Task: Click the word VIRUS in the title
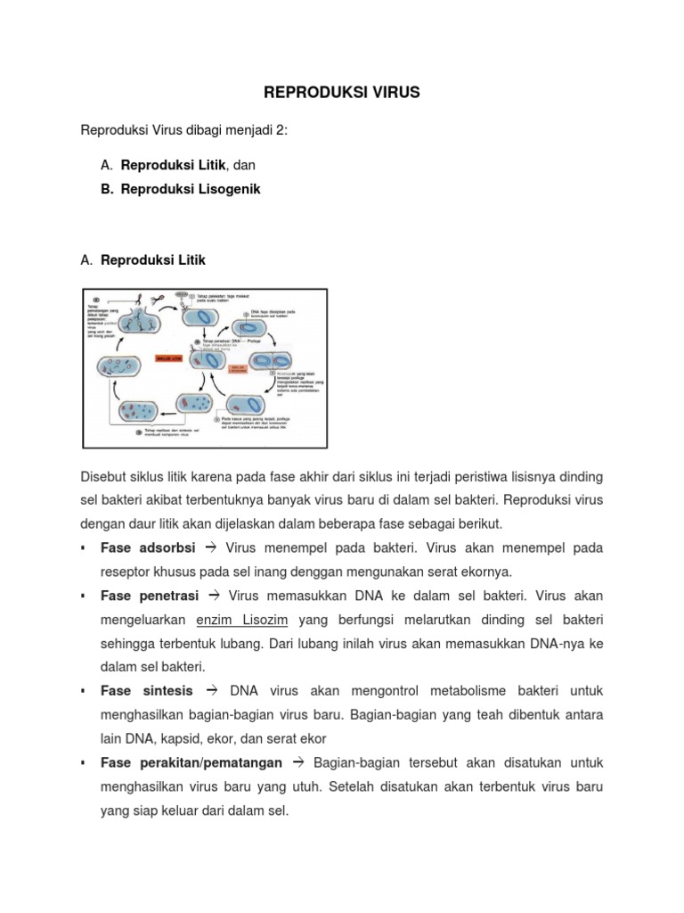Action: click(389, 93)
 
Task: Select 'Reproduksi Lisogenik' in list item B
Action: click(191, 190)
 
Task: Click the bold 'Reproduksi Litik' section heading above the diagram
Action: click(153, 260)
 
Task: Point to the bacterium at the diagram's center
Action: click(207, 359)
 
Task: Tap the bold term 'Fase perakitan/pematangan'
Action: click(191, 763)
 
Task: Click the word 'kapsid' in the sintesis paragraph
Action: click(183, 739)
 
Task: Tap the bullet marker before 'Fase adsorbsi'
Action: click(83, 547)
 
